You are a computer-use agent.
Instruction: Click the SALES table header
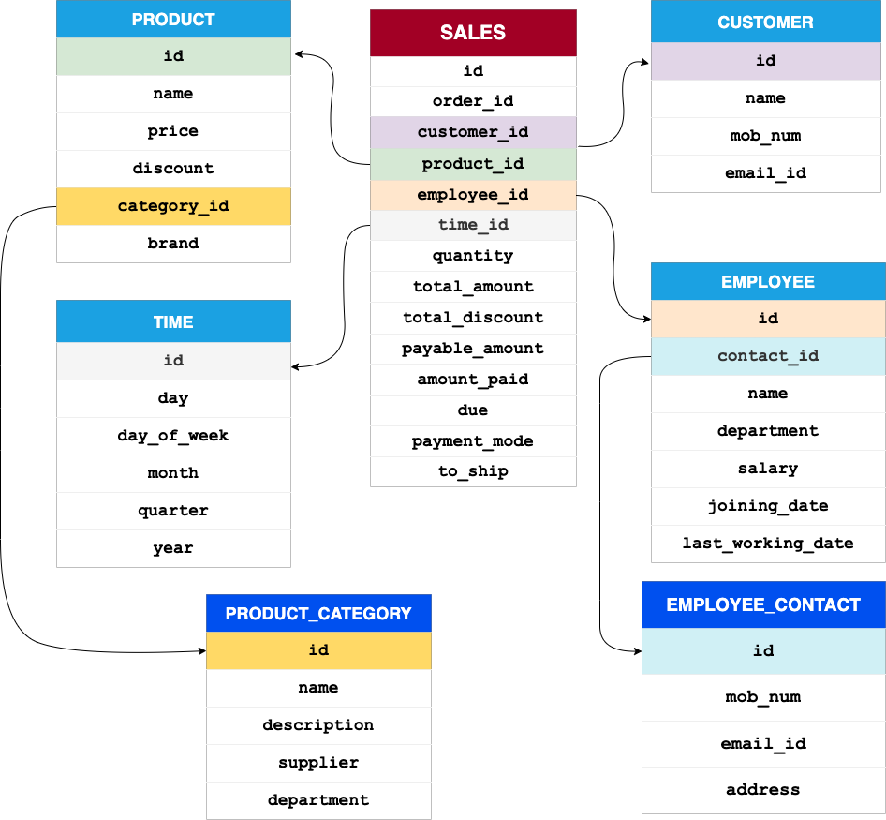point(473,33)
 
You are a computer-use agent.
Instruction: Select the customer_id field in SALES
point(473,132)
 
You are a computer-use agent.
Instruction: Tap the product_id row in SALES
point(473,164)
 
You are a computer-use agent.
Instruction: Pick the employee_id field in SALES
point(473,195)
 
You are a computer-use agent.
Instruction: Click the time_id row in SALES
point(473,225)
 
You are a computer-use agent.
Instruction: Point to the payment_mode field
point(473,441)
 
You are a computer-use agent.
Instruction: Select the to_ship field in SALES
point(473,471)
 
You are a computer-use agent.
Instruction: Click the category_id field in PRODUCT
point(173,206)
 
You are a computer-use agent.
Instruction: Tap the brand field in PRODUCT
point(173,244)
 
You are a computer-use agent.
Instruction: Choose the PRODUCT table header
point(173,20)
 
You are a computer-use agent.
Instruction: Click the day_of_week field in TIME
point(173,436)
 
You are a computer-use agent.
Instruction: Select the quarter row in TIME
point(173,511)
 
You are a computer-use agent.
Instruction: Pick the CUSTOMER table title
point(765,22)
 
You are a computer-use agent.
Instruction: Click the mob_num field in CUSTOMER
point(765,136)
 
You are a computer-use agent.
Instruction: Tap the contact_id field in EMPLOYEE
point(768,356)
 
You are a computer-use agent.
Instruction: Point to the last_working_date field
point(768,544)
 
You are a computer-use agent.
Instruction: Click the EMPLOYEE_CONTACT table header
point(763,605)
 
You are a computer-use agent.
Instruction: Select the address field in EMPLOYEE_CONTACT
point(763,790)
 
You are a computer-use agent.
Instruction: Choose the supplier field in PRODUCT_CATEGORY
point(318,763)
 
